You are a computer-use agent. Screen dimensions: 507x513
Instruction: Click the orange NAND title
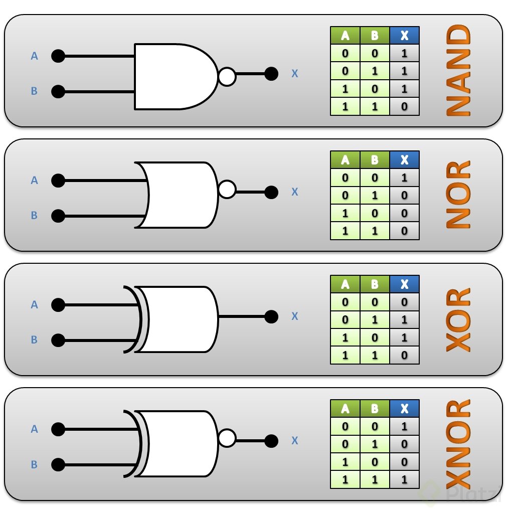458,70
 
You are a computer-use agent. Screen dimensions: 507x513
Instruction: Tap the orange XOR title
458,320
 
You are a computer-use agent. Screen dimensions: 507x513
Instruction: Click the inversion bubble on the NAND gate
227,77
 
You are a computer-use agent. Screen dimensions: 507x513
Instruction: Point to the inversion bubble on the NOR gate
227,189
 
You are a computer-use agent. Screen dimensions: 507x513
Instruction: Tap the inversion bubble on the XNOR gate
227,438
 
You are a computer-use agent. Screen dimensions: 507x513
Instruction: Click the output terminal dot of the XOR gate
271,316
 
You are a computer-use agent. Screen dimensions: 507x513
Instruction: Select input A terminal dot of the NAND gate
58,56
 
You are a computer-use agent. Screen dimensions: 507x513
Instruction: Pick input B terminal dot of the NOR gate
58,216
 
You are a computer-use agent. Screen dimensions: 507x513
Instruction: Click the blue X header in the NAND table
404,35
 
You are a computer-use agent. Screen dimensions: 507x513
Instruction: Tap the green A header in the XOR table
345,284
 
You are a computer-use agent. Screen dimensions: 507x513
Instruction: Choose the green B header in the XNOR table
375,408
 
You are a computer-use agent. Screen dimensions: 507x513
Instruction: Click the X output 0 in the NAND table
404,106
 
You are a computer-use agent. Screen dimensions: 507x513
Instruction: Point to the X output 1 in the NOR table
404,178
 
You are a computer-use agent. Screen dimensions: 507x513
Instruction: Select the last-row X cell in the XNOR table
404,479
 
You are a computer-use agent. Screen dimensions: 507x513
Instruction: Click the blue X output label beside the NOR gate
295,192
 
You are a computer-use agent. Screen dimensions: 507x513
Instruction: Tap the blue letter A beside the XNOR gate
34,429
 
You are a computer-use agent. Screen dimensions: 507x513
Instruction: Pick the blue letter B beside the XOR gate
34,339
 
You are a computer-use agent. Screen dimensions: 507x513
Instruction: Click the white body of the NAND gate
174,77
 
